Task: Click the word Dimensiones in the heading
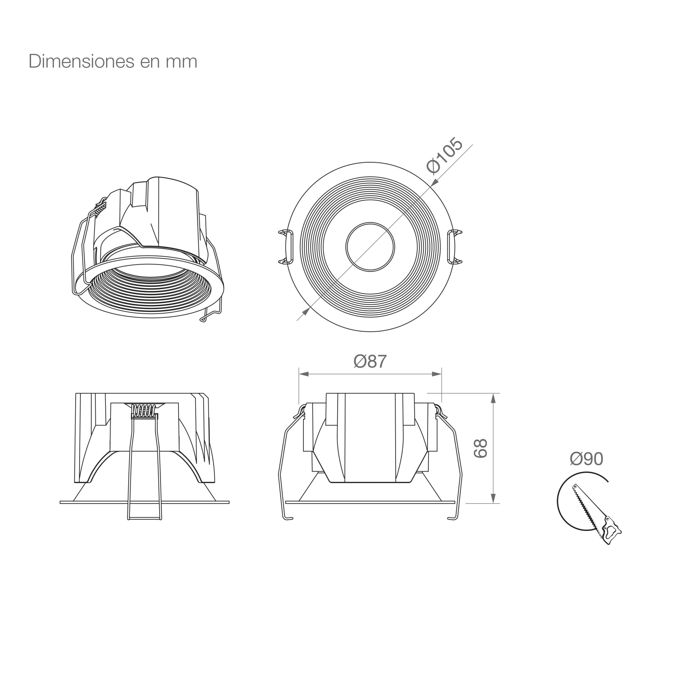81,61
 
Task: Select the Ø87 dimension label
370,361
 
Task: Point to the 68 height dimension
480,448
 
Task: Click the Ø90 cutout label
586,459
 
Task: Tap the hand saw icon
596,514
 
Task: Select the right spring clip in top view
455,247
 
